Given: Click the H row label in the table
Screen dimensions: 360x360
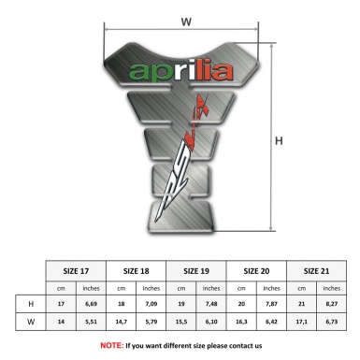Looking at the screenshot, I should tap(31, 304).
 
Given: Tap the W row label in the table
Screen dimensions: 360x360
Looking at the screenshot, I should tap(31, 323).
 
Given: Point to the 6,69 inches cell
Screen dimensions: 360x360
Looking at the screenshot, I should tap(92, 304).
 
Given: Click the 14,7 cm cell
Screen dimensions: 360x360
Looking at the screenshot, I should tap(122, 323).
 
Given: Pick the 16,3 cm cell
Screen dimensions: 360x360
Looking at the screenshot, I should tap(243, 323).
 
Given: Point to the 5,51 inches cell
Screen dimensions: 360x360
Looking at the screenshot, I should tap(92, 323).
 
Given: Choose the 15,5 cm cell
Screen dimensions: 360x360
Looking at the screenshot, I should tap(183, 323).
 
